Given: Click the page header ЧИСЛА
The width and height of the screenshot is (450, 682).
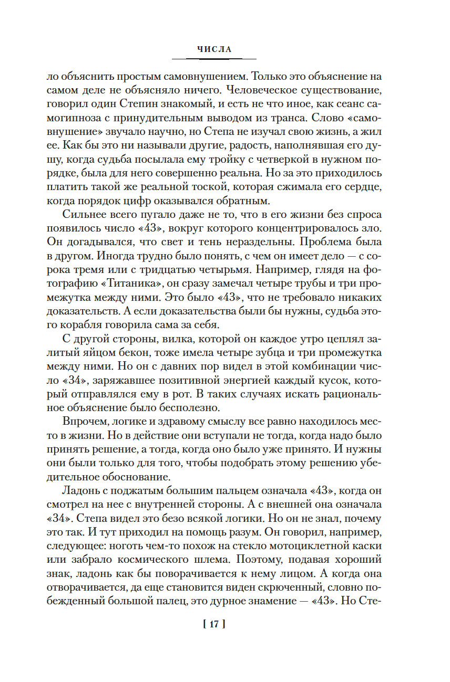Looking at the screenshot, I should pyautogui.click(x=214, y=49).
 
